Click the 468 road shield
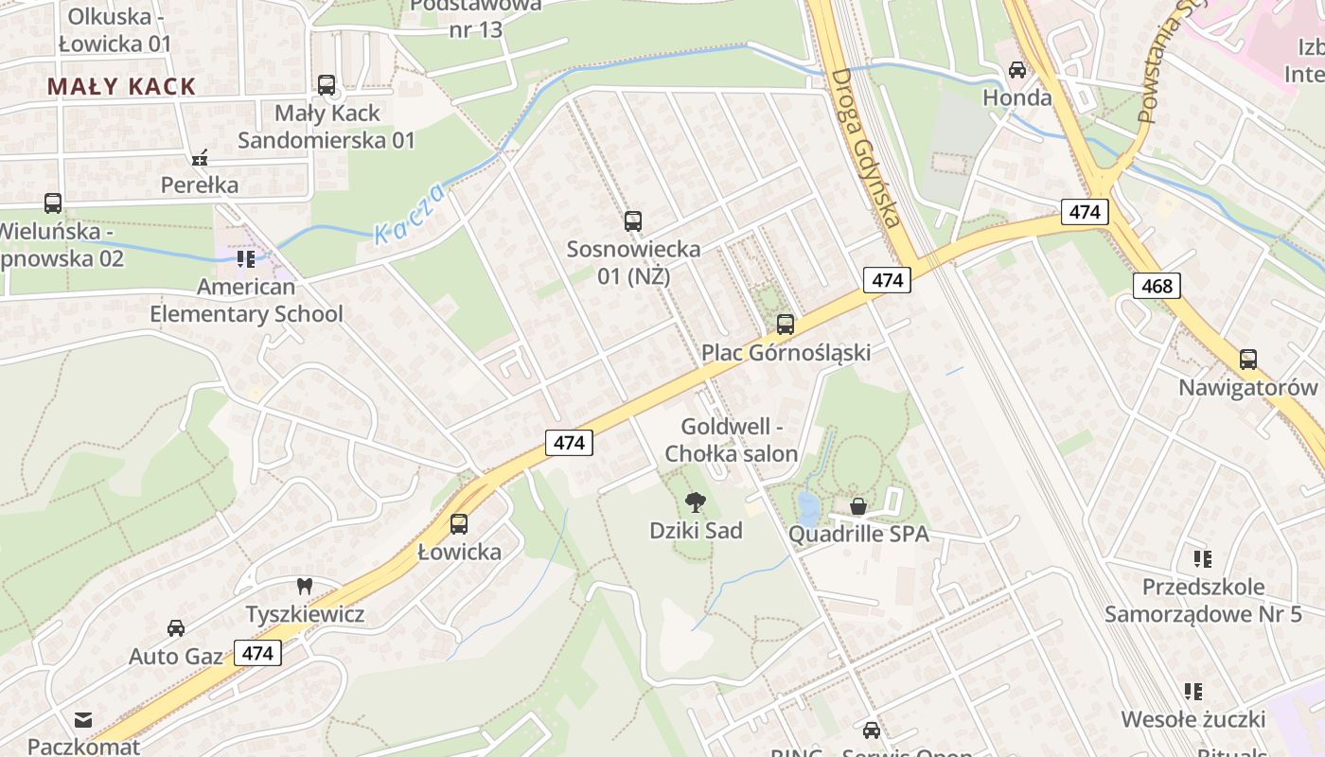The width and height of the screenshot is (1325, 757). tap(1157, 286)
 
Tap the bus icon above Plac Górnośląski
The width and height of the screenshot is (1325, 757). tap(786, 325)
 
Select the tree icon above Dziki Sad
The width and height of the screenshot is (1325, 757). tap(696, 502)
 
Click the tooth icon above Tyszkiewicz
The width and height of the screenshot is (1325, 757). tap(305, 587)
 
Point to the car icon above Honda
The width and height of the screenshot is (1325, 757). tap(1017, 70)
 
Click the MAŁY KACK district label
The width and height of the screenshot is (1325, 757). tap(121, 87)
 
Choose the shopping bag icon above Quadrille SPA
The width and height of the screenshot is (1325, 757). tap(858, 506)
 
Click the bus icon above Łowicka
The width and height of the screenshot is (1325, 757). tap(459, 523)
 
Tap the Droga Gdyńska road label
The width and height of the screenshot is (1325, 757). tap(865, 147)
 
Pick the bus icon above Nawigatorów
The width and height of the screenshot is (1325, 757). tap(1248, 360)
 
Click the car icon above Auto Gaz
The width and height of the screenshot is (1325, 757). tap(176, 628)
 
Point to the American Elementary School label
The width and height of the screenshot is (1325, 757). tap(246, 300)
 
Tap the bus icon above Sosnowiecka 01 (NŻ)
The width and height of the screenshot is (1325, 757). tap(633, 221)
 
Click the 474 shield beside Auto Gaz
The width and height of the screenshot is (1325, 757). tap(257, 653)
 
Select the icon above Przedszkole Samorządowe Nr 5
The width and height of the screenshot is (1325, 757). tap(1203, 559)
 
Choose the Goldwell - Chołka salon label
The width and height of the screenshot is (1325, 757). tap(732, 440)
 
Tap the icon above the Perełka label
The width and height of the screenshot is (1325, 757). tap(199, 157)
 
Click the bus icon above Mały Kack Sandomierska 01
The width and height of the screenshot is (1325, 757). tap(327, 85)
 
